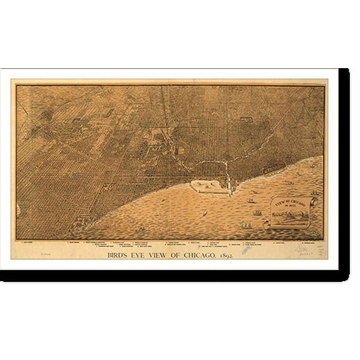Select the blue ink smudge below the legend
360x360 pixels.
pos(246,249)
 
